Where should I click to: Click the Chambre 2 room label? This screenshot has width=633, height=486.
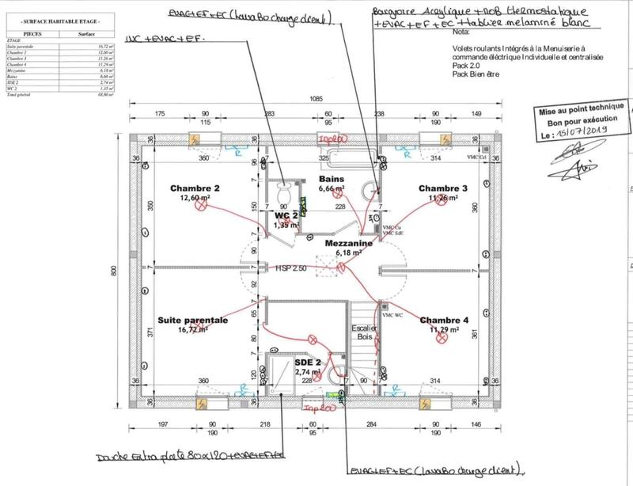pos(194,188)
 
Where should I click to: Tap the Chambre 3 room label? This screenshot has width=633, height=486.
pos(443,188)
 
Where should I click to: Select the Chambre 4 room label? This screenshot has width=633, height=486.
pos(444,321)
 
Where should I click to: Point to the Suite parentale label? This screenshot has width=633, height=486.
pos(193,321)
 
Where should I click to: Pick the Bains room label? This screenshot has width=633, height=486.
pos(330,180)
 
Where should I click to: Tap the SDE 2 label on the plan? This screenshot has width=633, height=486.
pos(309,363)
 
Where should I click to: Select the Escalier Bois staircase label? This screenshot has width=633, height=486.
pos(363,332)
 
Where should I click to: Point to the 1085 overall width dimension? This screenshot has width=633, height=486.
pos(316,99)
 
